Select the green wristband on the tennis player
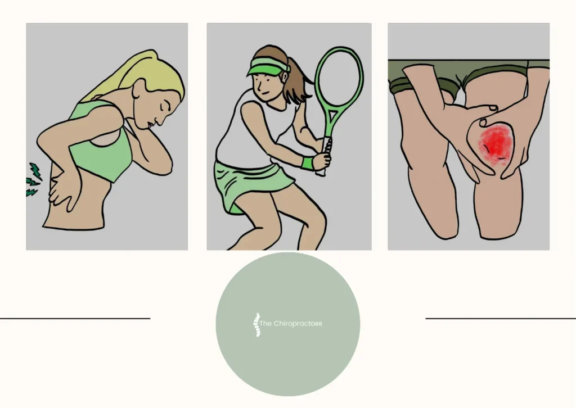click(307, 164)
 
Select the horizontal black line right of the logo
click(501, 319)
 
